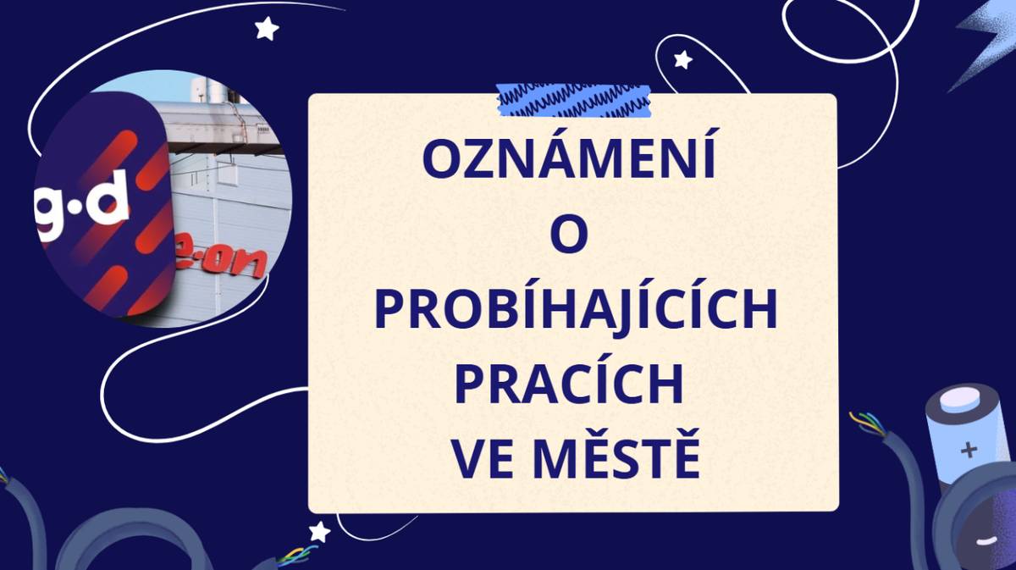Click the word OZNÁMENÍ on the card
pyautogui.click(x=574, y=158)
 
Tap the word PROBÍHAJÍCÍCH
pyautogui.click(x=575, y=310)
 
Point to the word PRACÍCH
pyautogui.click(x=569, y=386)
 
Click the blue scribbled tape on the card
pyautogui.click(x=574, y=100)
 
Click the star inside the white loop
pyautogui.click(x=682, y=59)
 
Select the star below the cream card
pyautogui.click(x=319, y=532)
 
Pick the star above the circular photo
pyautogui.click(x=267, y=30)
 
